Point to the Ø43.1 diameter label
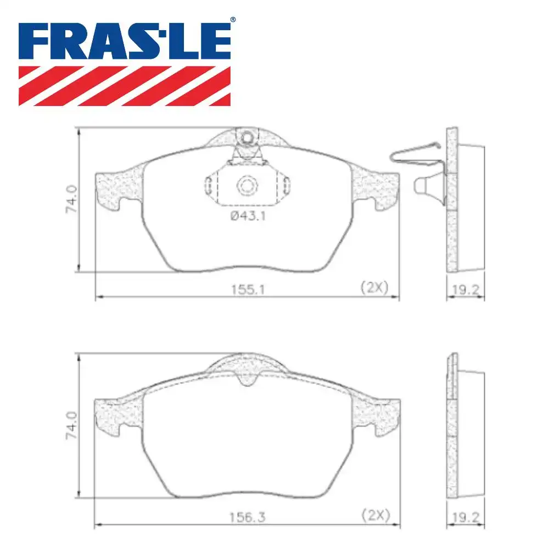coord(248,216)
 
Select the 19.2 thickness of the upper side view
coord(466,290)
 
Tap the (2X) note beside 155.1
coord(374,287)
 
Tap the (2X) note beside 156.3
coord(376,515)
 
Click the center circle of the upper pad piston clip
coord(247,186)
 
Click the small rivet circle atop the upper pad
coord(247,136)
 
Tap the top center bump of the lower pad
coord(247,365)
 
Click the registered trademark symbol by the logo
coord(232,20)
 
